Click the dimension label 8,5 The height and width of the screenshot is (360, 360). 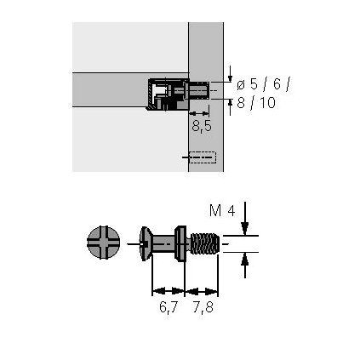tap(202, 126)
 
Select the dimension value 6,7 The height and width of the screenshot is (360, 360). tap(169, 307)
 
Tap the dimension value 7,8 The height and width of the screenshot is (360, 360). tap(203, 307)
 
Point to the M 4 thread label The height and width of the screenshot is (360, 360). tap(222, 211)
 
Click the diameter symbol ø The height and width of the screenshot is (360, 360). tap(242, 85)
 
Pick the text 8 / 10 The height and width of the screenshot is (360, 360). tap(256, 102)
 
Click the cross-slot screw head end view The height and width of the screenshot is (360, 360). tap(103, 243)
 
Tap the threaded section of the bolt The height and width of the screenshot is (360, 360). tap(205, 243)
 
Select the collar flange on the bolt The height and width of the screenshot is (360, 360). tap(180, 243)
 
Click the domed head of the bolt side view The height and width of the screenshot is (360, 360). tap(146, 243)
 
